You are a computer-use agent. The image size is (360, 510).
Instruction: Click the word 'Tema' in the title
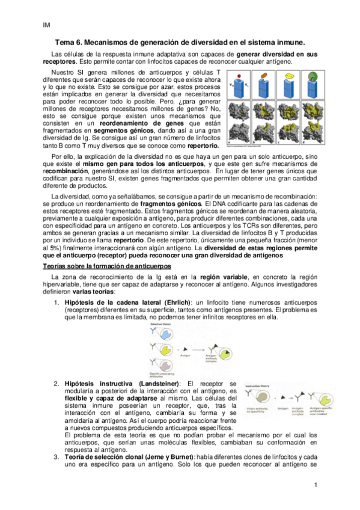(x=66, y=43)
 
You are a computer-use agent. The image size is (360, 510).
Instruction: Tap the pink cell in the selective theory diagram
(x=157, y=363)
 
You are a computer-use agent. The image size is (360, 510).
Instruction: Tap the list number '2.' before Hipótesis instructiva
(x=55, y=383)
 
